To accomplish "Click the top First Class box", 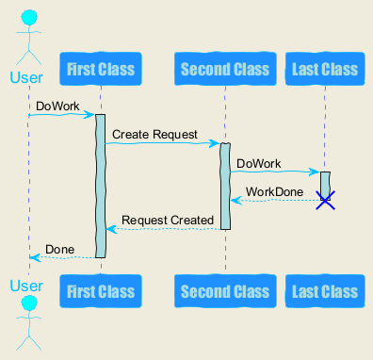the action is coord(101,69).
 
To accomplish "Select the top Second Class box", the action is coord(225,69).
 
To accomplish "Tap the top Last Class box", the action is coord(325,69).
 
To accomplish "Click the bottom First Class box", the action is coord(101,291).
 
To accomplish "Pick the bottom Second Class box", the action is coord(225,291).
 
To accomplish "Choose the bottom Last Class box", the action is coord(325,291).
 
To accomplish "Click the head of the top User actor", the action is coord(29,18).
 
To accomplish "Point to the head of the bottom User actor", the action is coord(29,304).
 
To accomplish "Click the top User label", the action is coord(26,77).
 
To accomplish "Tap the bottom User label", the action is coord(26,286).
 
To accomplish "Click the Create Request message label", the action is coord(154,135).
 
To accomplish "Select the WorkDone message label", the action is coord(274,191).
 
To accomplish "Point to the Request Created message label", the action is coord(168,220).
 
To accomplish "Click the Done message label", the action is coord(60,250).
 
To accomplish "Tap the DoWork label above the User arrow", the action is coord(57,106).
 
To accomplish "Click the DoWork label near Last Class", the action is coord(259,164).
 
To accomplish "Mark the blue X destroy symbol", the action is coord(325,200).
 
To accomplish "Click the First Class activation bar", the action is coord(100,186).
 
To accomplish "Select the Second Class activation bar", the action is coord(225,187).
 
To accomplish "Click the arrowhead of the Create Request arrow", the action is coord(215,143).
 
